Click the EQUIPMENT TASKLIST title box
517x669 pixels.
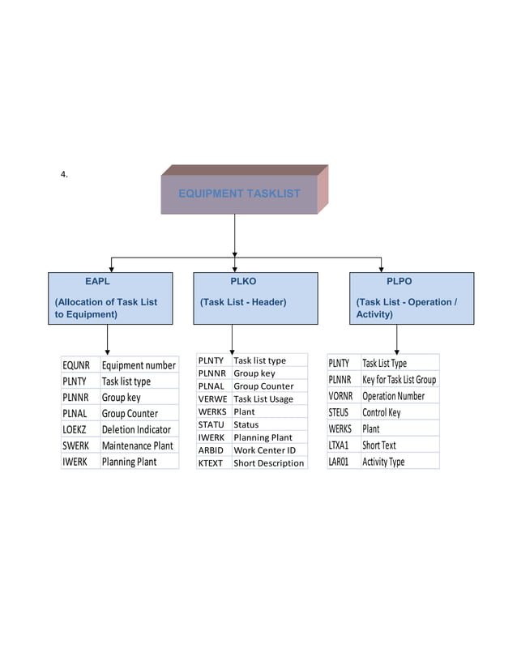pos(239,194)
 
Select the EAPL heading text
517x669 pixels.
pos(97,282)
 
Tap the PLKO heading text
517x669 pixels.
pos(243,282)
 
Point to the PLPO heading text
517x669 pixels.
pos(399,282)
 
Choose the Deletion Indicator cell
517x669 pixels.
pos(136,429)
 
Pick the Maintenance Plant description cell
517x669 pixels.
pos(138,445)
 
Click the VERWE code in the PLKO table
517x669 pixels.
pos(211,399)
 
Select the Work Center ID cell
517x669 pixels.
pos(264,450)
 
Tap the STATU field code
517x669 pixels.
pos(211,424)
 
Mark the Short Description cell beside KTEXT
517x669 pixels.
pos(268,463)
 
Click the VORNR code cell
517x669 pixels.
pos(340,396)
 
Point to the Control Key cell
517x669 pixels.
pos(381,412)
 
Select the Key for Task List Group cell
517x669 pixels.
pos(399,380)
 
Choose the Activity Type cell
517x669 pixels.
pos(383,462)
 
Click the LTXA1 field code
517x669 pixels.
pos(339,445)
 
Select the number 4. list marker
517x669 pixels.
pos(64,174)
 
